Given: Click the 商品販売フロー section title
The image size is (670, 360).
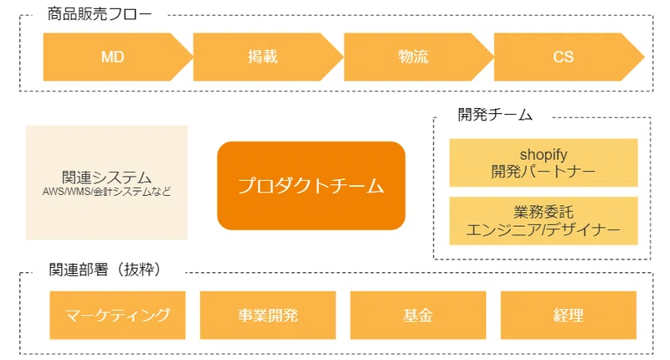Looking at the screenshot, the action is point(99,14).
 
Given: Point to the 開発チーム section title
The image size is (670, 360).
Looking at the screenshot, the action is point(495,115).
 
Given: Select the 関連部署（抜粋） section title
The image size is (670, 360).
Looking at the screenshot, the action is point(106,270).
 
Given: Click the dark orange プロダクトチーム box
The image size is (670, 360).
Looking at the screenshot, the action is point(311,186).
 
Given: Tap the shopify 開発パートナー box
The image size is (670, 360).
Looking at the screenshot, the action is point(544,162).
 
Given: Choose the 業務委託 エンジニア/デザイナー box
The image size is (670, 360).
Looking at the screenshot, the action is point(544,221).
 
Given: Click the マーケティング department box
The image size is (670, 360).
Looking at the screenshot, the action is point(117,315).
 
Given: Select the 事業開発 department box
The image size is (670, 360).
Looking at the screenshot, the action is point(268,315).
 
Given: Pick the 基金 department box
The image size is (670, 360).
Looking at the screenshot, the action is point(418,315).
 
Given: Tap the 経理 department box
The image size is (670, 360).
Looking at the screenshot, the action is point(569,315).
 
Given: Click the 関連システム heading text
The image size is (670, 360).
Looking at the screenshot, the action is point(106,177).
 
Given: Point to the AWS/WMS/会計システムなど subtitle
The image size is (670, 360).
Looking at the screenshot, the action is point(106,192).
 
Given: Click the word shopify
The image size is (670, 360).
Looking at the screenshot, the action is point(544,155).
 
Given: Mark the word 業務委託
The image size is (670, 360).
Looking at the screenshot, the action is point(544,213).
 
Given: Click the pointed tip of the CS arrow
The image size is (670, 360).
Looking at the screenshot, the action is point(643,57).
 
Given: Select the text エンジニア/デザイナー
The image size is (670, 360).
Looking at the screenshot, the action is point(543,229).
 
